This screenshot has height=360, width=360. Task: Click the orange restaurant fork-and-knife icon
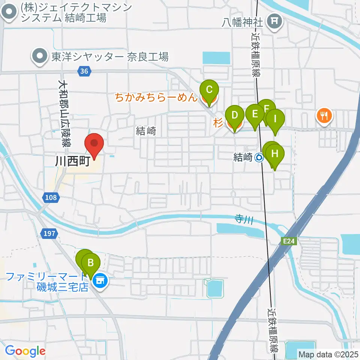tap(324, 115)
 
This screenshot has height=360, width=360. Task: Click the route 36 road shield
tap(84, 70)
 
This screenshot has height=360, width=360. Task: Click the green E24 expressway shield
tap(289, 241)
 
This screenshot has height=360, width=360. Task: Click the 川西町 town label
tap(72, 162)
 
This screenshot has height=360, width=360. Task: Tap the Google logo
tap(25, 351)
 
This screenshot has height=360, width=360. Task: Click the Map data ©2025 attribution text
tap(328, 354)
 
